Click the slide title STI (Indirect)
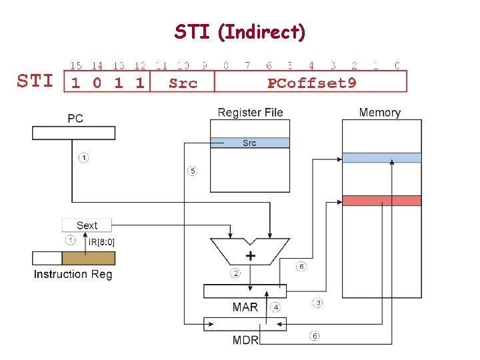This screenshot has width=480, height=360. [240, 31]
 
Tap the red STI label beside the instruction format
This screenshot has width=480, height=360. [35, 81]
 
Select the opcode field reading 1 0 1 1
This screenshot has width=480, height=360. [107, 83]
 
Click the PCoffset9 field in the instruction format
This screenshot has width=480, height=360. [311, 83]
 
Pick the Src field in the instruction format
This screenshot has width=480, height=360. [183, 83]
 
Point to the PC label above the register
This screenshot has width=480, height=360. [75, 119]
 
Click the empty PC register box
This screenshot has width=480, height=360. [73, 133]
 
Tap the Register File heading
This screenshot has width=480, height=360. [250, 112]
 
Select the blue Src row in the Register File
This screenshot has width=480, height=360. [249, 143]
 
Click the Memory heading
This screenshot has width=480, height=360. [379, 112]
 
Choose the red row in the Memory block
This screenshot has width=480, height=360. [381, 201]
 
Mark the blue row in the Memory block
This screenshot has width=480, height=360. [381, 158]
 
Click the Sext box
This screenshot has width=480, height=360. [87, 225]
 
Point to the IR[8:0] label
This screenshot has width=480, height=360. [101, 241]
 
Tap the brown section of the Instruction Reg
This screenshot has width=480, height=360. [88, 258]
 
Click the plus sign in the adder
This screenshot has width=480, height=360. [251, 256]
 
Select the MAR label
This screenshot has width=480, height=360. [245, 307]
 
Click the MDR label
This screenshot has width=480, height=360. [245, 340]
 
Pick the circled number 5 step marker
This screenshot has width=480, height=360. [192, 171]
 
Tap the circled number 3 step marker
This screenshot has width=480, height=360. [319, 303]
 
